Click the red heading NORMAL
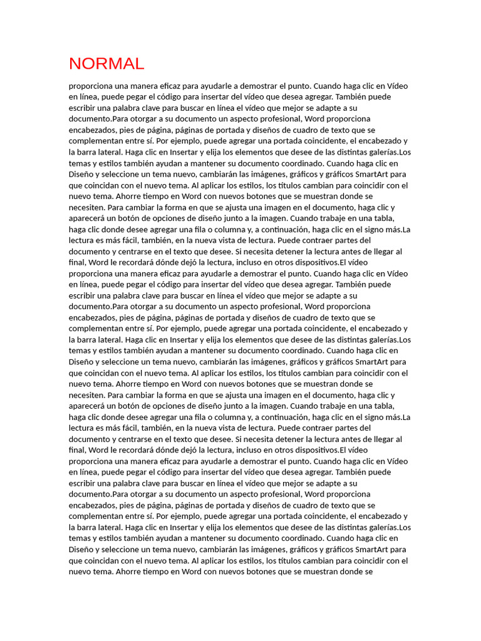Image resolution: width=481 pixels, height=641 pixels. (x=106, y=63)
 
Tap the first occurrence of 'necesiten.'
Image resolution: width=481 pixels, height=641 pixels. (x=87, y=207)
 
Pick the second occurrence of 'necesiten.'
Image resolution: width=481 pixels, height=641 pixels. (x=87, y=395)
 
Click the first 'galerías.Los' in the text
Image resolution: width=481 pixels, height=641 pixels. (x=386, y=152)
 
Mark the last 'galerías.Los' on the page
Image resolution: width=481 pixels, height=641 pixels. (x=386, y=528)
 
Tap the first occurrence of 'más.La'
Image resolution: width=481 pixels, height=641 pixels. (x=398, y=229)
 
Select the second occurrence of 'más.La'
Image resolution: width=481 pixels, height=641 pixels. (x=398, y=417)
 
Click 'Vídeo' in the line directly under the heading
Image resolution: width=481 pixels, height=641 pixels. (x=398, y=86)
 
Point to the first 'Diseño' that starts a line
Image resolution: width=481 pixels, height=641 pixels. (x=81, y=174)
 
